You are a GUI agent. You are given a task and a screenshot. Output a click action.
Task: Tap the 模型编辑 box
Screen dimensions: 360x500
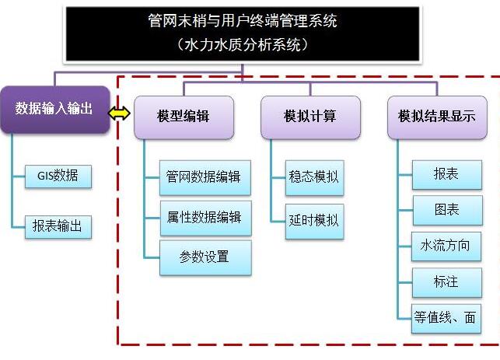tap(183, 117)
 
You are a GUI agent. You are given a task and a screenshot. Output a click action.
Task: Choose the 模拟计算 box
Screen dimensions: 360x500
tap(310, 117)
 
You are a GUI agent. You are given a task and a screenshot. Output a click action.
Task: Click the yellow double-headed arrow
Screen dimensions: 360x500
tap(121, 114)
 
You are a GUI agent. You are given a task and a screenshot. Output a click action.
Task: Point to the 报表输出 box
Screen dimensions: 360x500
tap(58, 226)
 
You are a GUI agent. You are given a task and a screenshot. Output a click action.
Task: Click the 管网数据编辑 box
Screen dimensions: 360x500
tap(205, 177)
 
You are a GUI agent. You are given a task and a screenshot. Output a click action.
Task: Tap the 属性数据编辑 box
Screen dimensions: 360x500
tap(205, 217)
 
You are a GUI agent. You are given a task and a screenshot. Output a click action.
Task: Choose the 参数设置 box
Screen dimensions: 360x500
tap(205, 257)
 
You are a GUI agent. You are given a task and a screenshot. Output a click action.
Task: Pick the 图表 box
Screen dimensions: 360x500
tap(446, 211)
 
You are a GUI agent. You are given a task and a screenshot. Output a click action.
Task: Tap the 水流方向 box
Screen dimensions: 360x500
tap(446, 246)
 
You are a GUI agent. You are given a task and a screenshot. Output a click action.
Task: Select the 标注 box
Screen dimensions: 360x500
tap(446, 281)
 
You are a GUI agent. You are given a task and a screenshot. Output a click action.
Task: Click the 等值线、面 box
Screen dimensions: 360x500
tap(446, 317)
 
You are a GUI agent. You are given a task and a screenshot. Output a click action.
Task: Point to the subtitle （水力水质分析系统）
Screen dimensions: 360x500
tap(243, 46)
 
